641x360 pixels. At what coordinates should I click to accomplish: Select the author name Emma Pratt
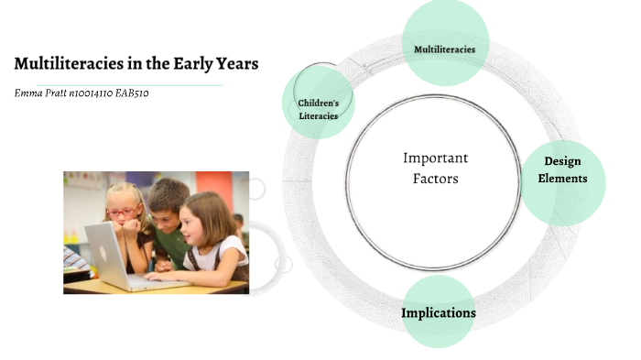click(x=40, y=93)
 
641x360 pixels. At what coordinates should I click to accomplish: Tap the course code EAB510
click(x=129, y=93)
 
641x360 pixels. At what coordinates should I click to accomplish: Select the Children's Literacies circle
click(x=318, y=103)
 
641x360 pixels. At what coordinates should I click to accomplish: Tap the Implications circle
click(x=439, y=312)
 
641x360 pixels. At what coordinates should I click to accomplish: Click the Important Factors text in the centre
click(x=435, y=169)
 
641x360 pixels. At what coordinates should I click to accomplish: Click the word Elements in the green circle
click(x=562, y=179)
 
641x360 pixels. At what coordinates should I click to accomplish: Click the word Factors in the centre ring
click(x=435, y=179)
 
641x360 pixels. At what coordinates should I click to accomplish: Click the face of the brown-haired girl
click(x=201, y=224)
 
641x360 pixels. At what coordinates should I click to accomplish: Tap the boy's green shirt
click(x=169, y=245)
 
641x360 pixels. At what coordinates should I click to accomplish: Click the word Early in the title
click(x=185, y=64)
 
